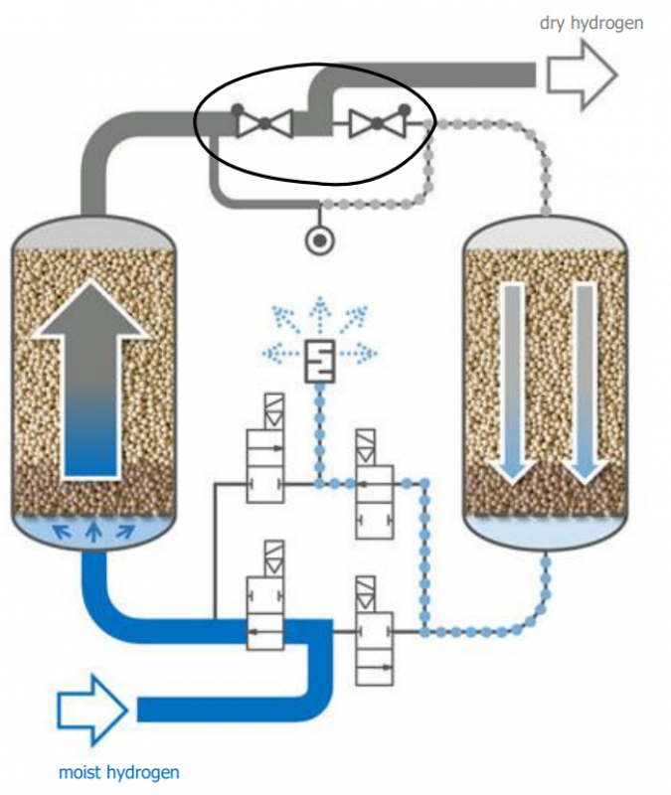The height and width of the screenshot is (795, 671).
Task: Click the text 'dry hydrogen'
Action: pos(591,23)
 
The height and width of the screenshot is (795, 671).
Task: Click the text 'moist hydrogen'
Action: pos(119,773)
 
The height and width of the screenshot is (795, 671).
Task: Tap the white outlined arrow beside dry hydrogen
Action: pos(582,76)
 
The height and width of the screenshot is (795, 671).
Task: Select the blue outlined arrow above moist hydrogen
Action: pos(92,710)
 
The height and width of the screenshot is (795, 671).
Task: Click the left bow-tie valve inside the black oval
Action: pos(264,123)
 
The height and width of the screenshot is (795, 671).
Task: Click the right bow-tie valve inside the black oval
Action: pos(378,123)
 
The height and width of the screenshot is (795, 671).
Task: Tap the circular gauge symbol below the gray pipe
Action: pos(319,240)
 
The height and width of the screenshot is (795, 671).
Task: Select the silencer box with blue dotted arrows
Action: pos(319,361)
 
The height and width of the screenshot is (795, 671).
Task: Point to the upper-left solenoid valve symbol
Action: pos(265,449)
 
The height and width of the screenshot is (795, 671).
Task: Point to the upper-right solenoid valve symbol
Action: pos(375,484)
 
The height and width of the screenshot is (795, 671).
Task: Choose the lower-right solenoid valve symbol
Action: pos(375,631)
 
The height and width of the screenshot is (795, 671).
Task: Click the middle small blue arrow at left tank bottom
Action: pos(92,532)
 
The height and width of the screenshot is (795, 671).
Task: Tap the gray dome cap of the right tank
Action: pos(546,234)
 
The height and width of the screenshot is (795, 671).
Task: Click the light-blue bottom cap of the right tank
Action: pos(546,532)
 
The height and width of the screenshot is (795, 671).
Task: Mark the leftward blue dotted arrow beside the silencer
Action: pos(281,353)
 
